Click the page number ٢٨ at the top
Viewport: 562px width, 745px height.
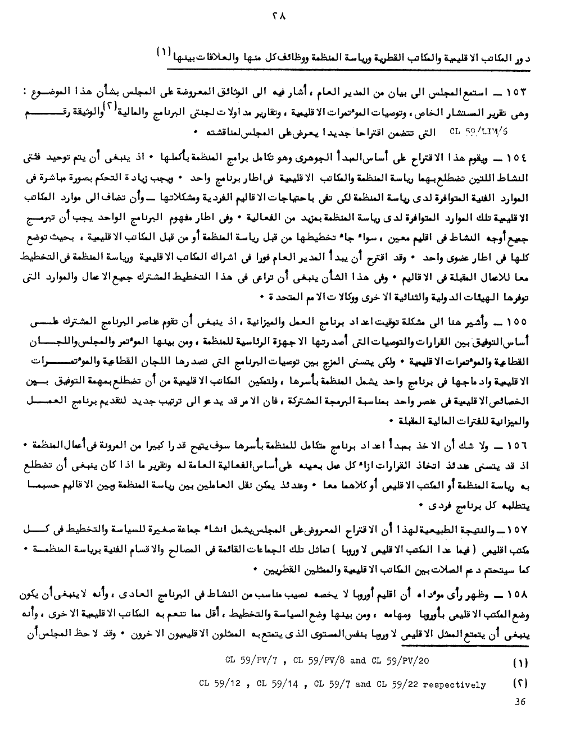(x=279, y=17)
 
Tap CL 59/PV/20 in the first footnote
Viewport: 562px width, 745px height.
(x=400, y=661)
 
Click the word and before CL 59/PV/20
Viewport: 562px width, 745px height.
(x=357, y=661)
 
